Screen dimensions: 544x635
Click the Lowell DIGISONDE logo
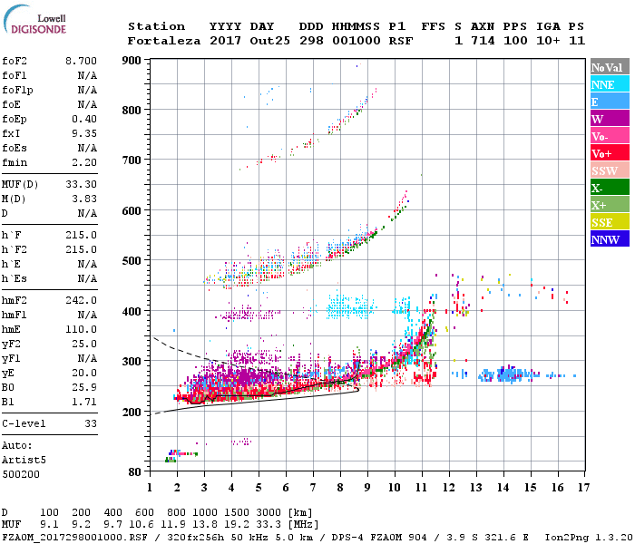click(34, 23)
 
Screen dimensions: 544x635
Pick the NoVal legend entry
click(608, 67)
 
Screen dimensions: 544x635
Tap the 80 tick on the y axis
click(136, 472)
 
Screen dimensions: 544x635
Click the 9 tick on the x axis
click(367, 488)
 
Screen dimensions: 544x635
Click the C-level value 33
click(91, 423)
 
